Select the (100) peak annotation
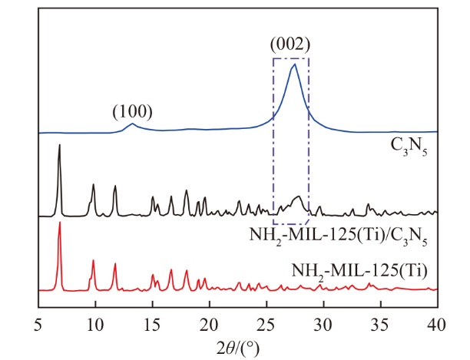(132, 111)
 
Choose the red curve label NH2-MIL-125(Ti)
(359, 269)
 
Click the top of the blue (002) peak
(293, 64)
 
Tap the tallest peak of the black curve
(59, 146)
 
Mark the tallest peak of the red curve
(59, 223)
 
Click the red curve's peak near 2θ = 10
(93, 261)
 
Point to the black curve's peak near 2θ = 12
(115, 187)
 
